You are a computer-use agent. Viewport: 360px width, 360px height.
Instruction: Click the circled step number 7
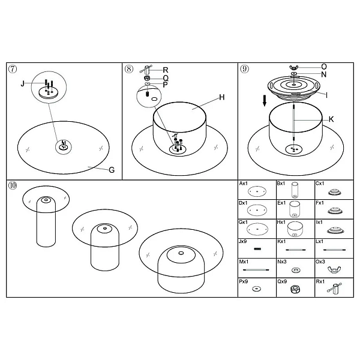point(13,69)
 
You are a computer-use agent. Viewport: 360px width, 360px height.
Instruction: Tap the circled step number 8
point(129,69)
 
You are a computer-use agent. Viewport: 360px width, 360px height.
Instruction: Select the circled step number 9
point(245,69)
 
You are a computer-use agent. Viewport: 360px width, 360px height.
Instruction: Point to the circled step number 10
point(13,185)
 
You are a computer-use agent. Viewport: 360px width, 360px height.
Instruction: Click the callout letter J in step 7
point(22,83)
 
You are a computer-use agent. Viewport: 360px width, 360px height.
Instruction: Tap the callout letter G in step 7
point(112,170)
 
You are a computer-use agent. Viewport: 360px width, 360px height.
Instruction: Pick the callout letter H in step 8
point(222,97)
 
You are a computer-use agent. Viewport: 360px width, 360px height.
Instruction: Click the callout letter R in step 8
point(166,70)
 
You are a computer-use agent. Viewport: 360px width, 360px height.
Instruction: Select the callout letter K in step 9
point(331,119)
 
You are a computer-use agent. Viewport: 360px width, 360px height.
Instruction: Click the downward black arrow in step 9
point(265,101)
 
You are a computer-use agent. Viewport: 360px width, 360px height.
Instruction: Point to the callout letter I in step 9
point(326,95)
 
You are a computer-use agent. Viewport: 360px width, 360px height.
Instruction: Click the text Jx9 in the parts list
point(242,242)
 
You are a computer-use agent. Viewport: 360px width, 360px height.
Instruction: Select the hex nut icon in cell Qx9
point(295,289)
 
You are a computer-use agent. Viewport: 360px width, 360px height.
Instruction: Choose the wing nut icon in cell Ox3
point(334,269)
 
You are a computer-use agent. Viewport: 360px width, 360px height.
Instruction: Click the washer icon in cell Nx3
point(295,270)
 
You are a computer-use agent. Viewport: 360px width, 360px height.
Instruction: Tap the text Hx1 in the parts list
point(281,222)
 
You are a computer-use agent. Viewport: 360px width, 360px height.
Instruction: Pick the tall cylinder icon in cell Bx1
point(295,190)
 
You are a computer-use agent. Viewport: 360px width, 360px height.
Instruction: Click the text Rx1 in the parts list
point(320,281)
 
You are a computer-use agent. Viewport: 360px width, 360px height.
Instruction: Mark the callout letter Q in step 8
point(166,78)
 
